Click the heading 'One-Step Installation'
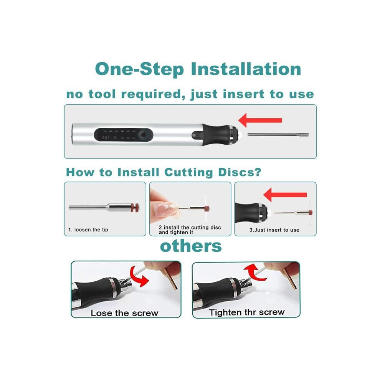198,69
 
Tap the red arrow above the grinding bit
260,120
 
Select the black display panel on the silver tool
124,135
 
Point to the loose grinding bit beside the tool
278,134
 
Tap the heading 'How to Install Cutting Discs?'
164,173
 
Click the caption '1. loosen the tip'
88,230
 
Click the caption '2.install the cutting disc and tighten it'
190,230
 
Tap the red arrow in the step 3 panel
285,195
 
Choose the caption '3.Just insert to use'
274,230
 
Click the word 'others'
191,246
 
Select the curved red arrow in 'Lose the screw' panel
139,276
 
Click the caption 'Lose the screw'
124,313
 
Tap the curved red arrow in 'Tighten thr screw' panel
254,273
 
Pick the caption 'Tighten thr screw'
247,312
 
